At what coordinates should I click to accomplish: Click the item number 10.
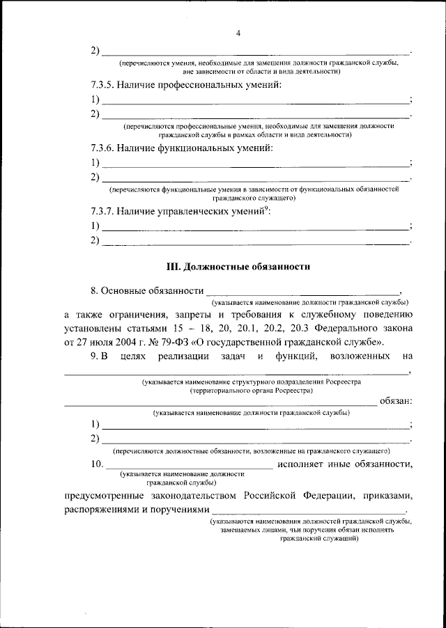[99, 464]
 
